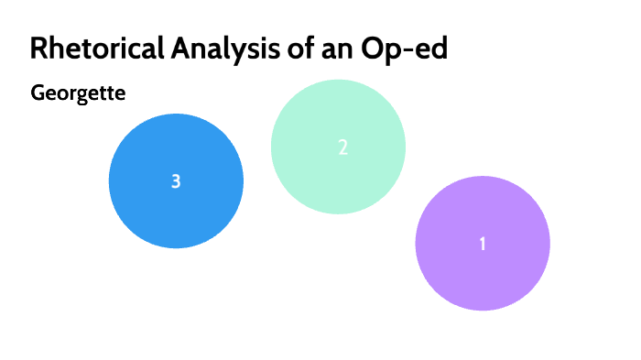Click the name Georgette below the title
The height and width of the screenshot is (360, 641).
[x=77, y=93]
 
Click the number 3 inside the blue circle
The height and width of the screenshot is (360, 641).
[x=176, y=181]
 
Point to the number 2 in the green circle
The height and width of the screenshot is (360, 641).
[x=342, y=147]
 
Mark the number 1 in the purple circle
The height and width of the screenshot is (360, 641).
[x=483, y=244]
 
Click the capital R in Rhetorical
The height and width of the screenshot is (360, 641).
[x=38, y=49]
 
